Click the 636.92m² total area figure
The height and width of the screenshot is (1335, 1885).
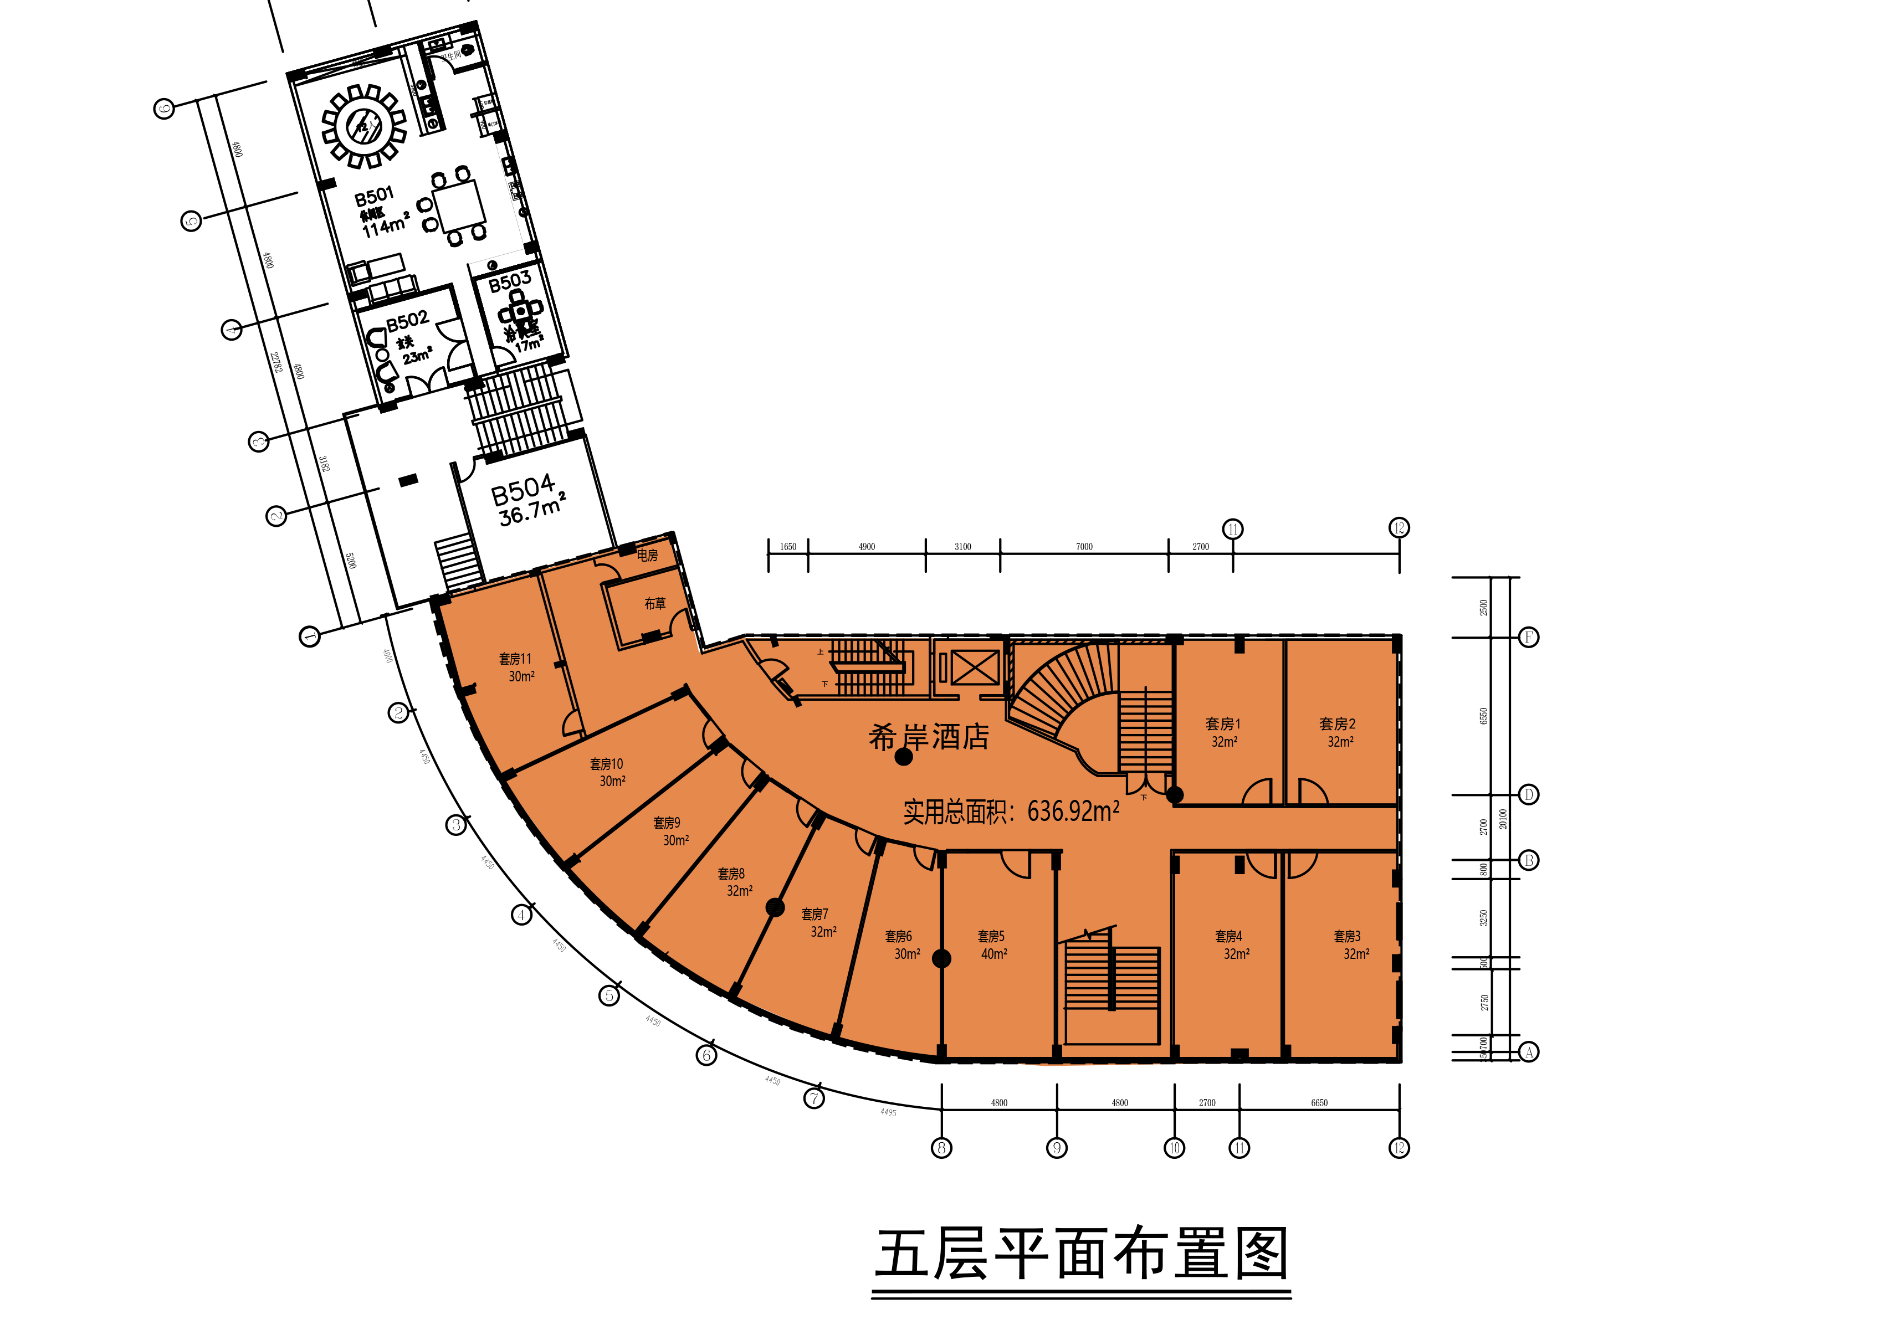[x=1073, y=812]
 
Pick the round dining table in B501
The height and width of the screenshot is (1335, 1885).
[x=364, y=126]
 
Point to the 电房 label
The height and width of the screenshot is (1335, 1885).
[x=647, y=556]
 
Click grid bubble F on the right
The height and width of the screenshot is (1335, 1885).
[x=1528, y=637]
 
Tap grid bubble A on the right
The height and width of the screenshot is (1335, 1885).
[x=1528, y=1052]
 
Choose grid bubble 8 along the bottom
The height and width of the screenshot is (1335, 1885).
[x=941, y=1148]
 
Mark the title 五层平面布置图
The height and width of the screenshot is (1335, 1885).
[x=1081, y=1255]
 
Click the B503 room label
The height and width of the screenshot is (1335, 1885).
[x=510, y=282]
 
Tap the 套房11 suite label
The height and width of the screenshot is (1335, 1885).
[x=515, y=659]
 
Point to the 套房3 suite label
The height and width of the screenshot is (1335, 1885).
[x=1346, y=936]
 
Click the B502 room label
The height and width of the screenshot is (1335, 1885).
[x=408, y=320]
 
